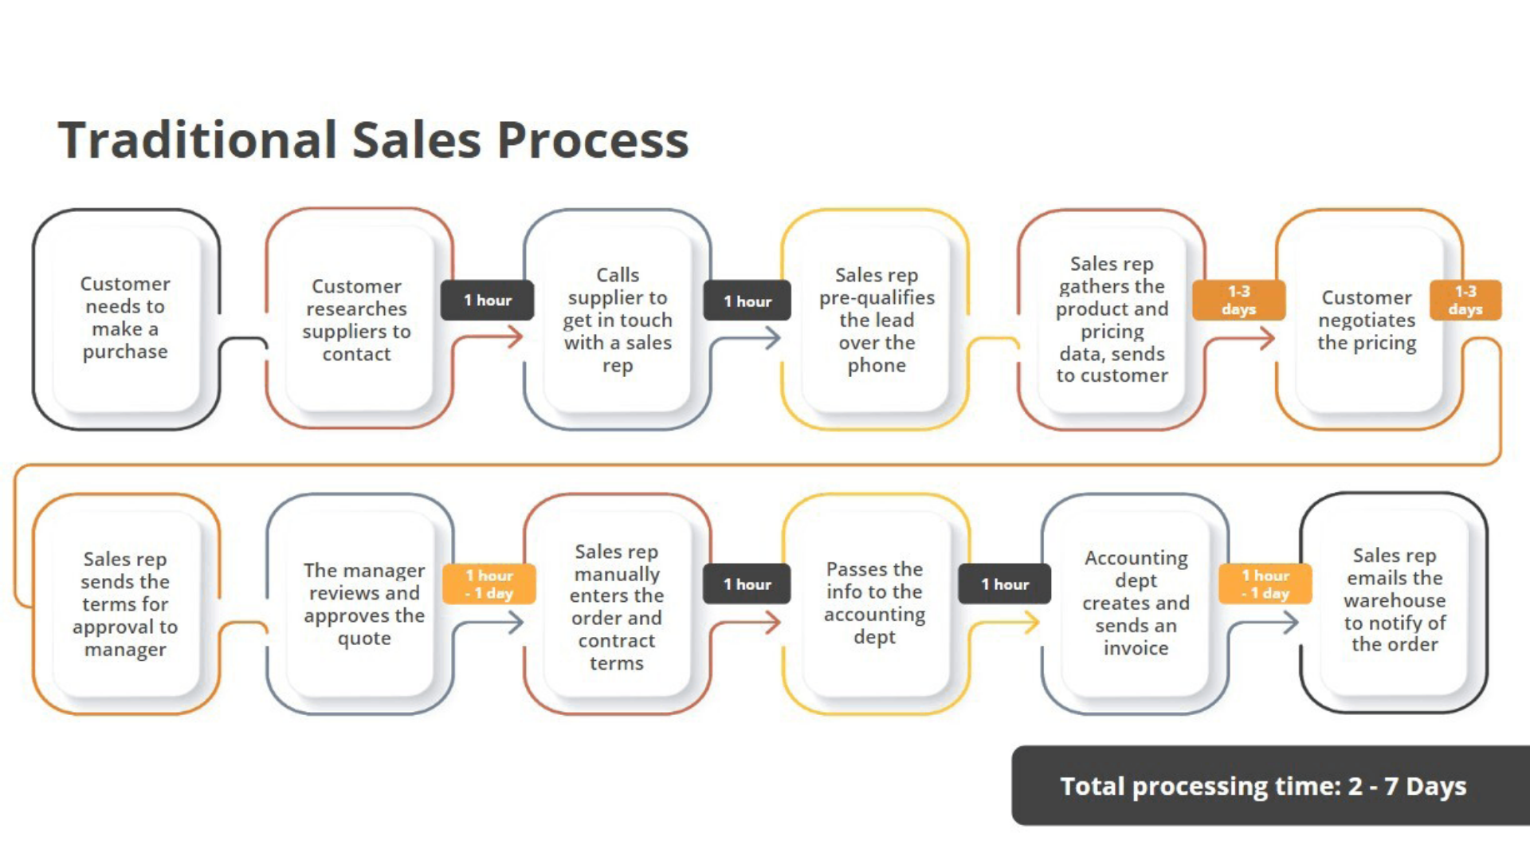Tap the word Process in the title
(593, 140)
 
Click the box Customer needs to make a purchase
(125, 318)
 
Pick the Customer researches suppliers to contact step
(356, 320)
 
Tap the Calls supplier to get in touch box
(618, 320)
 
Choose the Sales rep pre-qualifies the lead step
(877, 320)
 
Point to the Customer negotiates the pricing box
(1367, 320)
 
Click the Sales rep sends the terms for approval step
(125, 603)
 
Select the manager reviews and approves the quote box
(364, 603)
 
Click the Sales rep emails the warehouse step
(1395, 600)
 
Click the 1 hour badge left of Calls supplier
(488, 301)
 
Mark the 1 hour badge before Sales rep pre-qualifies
(747, 301)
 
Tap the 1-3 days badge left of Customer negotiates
(1238, 301)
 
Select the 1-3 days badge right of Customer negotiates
(1465, 301)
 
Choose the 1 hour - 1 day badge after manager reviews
(489, 584)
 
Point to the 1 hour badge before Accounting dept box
(1004, 584)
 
